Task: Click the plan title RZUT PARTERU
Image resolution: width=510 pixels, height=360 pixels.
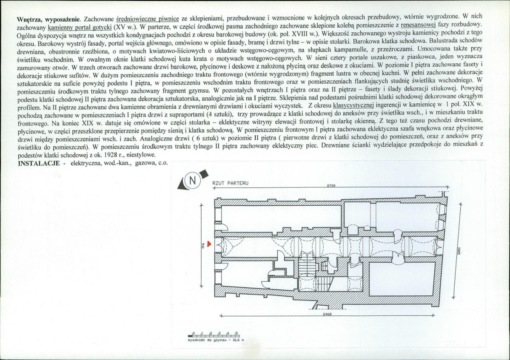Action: click(230, 183)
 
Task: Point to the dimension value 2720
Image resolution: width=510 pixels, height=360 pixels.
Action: click(331, 186)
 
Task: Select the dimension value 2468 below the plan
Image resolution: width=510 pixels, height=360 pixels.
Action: click(327, 314)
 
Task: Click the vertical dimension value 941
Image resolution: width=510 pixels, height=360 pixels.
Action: click(204, 246)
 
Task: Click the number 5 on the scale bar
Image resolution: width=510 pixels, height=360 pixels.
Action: click(236, 332)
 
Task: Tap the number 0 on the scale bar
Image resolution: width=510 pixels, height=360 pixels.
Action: click(194, 332)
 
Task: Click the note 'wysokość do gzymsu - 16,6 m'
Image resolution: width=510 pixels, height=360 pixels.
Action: click(216, 340)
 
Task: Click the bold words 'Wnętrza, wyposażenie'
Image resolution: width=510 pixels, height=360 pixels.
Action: click(49, 19)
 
